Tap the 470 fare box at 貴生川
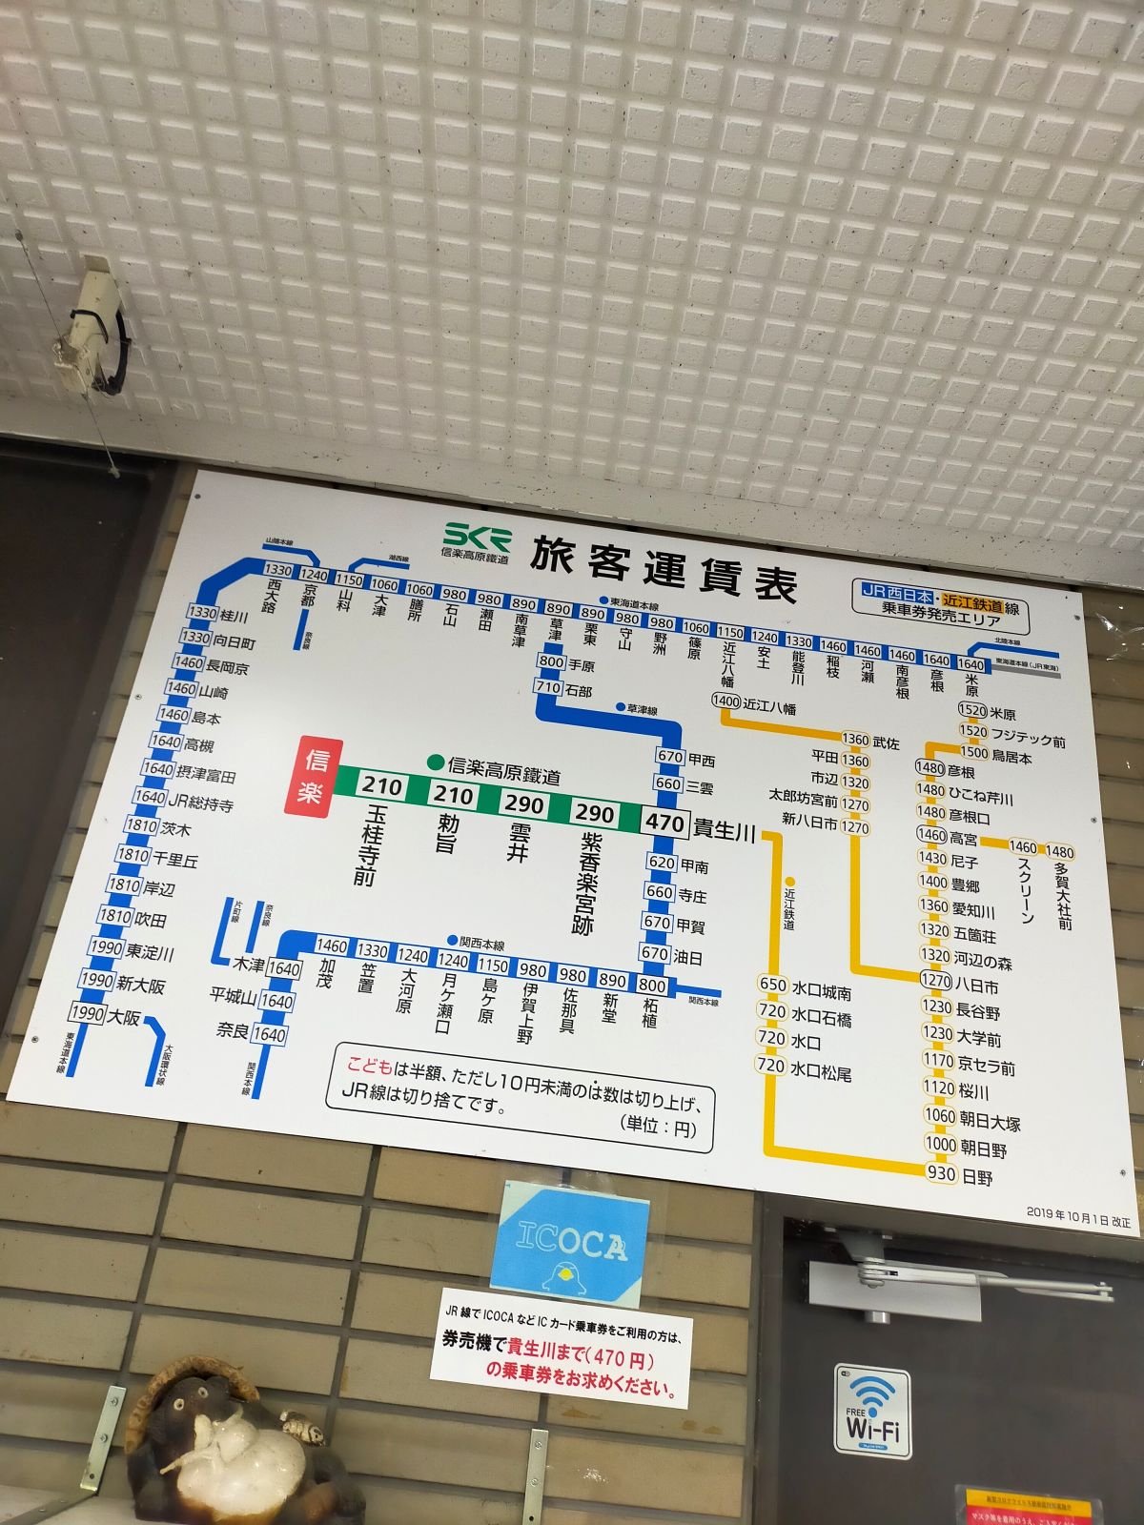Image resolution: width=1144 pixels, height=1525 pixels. [664, 823]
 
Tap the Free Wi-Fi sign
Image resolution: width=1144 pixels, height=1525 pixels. [872, 1412]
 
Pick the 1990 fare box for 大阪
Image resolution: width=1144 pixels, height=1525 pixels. [87, 1012]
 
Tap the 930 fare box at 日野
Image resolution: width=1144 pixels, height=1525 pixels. [941, 1173]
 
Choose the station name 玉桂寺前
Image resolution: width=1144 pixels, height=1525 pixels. [369, 844]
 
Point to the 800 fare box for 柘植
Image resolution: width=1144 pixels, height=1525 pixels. [652, 986]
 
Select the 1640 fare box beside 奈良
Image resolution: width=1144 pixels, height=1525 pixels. [270, 1034]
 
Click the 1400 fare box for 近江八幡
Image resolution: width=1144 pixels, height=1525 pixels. [725, 701]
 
